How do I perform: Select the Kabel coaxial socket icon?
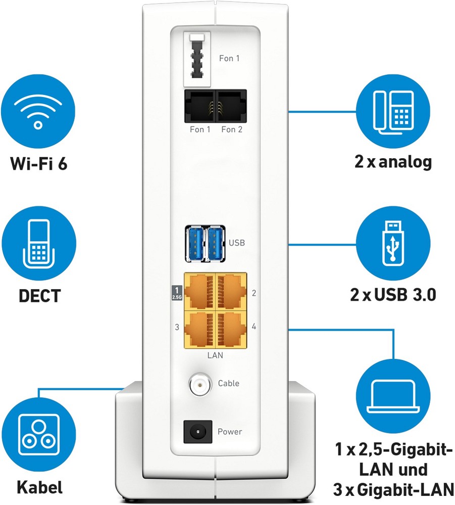[x=38, y=432]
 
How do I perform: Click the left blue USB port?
[x=195, y=244]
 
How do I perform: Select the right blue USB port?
[x=216, y=244]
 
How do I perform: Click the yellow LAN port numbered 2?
[x=231, y=291]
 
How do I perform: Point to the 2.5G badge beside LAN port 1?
[x=177, y=293]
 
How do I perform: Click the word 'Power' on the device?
[x=230, y=432]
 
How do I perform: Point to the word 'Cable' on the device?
[x=228, y=383]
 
